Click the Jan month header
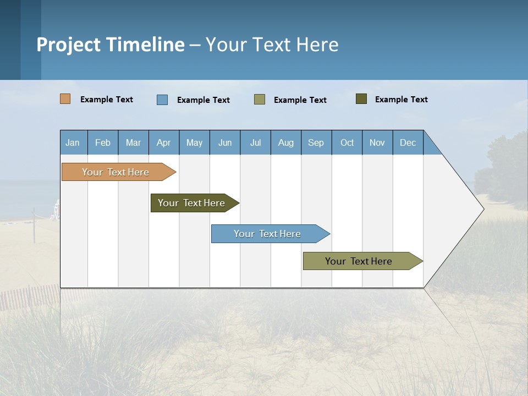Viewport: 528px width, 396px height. pos(73,142)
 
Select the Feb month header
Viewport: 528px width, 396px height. pos(103,142)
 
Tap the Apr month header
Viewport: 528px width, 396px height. pos(164,142)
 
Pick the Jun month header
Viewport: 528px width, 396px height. pos(225,142)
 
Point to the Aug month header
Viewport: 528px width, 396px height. pos(286,142)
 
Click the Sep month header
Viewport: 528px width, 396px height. pos(316,142)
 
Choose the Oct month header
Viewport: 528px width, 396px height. pos(347,142)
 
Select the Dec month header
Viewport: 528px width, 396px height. pos(408,142)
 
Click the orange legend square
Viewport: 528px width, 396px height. pos(65,99)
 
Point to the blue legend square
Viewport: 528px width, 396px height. pos(162,100)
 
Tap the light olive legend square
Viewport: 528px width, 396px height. pos(260,100)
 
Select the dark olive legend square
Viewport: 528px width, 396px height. pos(361,99)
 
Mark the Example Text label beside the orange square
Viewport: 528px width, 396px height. pos(107,100)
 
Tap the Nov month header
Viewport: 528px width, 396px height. pos(377,142)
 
